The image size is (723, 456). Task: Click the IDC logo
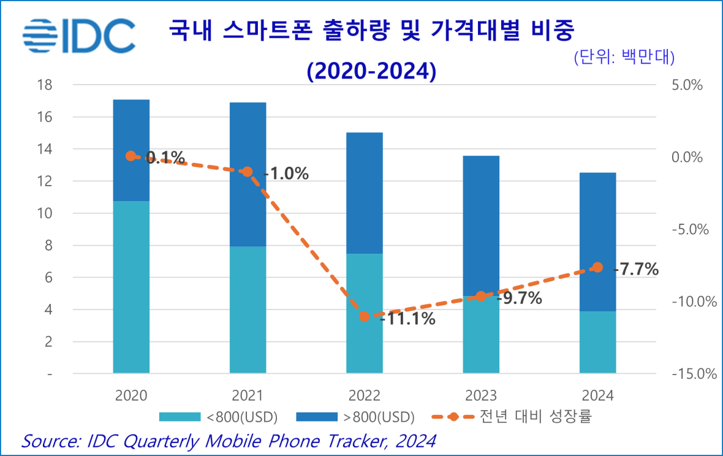78,36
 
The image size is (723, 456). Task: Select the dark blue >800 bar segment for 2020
131,150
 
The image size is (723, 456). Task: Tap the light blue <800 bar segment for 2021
248,310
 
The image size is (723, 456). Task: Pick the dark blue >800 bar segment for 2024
597,241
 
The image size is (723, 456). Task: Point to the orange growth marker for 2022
365,317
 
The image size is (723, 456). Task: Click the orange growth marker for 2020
131,156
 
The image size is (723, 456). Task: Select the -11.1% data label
407,319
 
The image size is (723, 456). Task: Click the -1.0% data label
286,173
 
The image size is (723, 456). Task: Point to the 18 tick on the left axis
45,85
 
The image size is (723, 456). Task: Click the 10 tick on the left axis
45,213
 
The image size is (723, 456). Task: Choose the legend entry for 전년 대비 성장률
512,417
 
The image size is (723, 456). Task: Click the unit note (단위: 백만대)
624,57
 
